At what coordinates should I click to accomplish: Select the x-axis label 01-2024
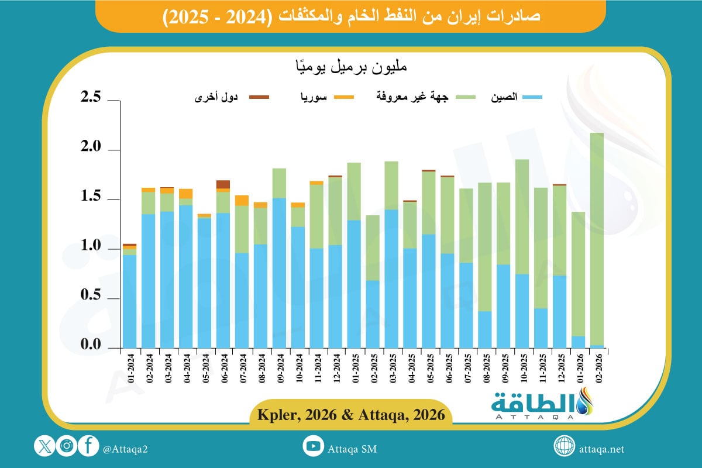tap(130, 367)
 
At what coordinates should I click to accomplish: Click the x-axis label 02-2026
tap(597, 367)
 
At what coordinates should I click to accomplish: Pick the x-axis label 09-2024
tap(279, 367)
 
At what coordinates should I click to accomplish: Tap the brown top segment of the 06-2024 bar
tap(223, 184)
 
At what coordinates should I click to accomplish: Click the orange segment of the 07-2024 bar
tap(242, 200)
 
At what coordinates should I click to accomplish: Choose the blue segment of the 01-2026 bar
tap(578, 342)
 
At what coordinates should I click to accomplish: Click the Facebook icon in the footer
tap(88, 447)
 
